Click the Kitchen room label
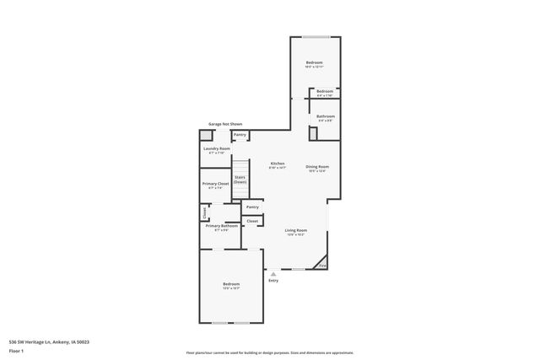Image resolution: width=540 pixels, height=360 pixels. [277, 164]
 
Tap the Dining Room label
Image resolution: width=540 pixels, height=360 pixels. [317, 167]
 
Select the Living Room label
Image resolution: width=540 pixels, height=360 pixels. [295, 230]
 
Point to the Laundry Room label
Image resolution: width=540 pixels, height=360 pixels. [216, 149]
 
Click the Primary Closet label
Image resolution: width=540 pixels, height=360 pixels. [215, 183]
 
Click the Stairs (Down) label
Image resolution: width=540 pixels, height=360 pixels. [240, 180]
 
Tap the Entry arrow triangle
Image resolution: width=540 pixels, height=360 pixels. [273, 273]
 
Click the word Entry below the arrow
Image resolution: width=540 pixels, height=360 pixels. [273, 281]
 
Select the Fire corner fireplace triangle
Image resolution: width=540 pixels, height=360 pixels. [322, 266]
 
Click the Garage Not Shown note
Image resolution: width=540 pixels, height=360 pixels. [225, 124]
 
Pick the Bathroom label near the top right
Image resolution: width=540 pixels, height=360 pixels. [325, 116]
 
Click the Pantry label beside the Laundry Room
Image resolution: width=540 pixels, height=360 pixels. [240, 134]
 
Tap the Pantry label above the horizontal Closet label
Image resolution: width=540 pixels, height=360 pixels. [251, 207]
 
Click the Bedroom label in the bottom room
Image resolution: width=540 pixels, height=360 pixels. [231, 284]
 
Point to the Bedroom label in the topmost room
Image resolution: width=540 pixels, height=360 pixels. [314, 63]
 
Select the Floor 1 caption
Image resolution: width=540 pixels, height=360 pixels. [17, 350]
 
